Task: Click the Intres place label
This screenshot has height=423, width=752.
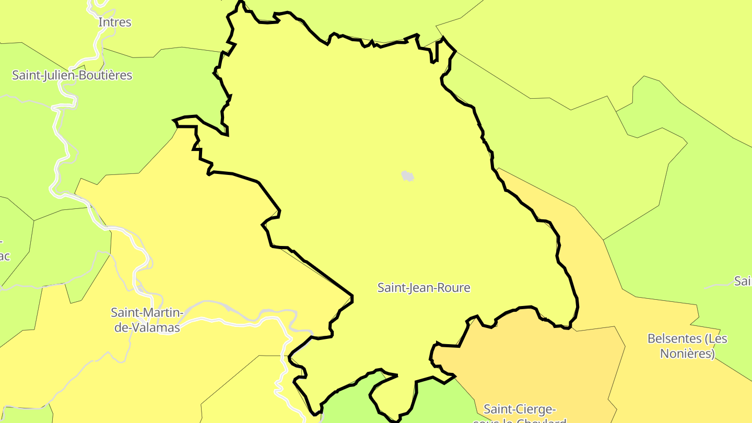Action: pyautogui.click(x=115, y=22)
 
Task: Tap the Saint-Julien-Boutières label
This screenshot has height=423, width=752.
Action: pyautogui.click(x=72, y=75)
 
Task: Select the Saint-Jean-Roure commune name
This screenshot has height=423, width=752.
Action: pyautogui.click(x=424, y=288)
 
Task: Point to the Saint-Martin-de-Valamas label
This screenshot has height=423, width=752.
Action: pyautogui.click(x=145, y=320)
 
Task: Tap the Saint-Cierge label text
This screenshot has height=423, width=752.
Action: pyautogui.click(x=520, y=409)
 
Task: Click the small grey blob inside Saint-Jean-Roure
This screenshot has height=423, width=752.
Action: pyautogui.click(x=407, y=176)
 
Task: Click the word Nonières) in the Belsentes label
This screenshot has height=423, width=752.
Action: pyautogui.click(x=687, y=354)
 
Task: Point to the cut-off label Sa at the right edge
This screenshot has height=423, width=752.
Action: pyautogui.click(x=743, y=281)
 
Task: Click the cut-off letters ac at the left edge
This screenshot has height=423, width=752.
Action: pyautogui.click(x=5, y=256)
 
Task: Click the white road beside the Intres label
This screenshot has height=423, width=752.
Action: pyautogui.click(x=97, y=42)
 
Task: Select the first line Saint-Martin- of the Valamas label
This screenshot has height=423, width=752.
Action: pyautogui.click(x=147, y=312)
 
